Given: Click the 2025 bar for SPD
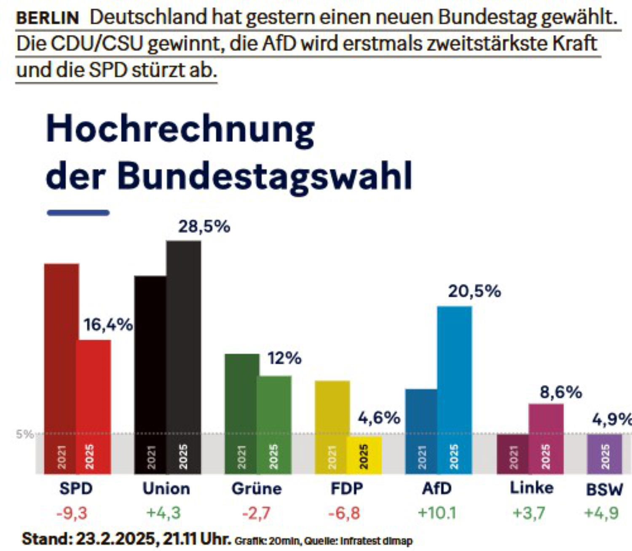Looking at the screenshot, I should coord(94,407).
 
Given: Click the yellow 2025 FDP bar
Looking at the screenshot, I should coord(364,455).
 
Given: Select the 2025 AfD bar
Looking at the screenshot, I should coord(455,390).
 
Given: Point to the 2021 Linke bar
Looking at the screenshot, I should coord(513,454).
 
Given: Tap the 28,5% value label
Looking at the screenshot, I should coord(204,227).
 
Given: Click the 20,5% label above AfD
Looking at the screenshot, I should coord(474,291).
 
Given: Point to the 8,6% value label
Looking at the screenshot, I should coord(561,392).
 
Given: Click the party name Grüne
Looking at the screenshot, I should coord(257,489).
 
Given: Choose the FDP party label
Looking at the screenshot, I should coord(347,489).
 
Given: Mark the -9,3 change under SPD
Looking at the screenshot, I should coord(72,513).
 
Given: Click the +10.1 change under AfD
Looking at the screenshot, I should coord(437,513).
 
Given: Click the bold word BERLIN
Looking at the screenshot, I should coord(48,18).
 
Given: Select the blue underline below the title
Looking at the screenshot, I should coord(78,213).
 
